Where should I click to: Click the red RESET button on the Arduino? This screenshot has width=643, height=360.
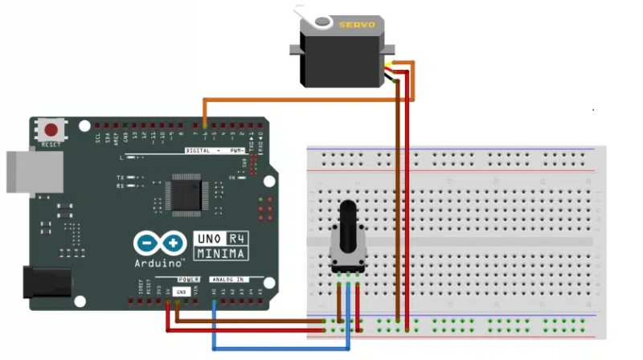53,129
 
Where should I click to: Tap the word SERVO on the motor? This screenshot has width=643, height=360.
356,26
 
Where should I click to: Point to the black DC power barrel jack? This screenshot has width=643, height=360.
48,283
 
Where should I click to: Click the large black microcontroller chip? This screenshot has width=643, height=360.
186,194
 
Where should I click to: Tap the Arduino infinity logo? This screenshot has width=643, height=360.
161,243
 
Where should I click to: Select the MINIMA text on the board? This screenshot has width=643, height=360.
220,253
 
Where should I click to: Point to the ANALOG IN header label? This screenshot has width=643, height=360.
227,280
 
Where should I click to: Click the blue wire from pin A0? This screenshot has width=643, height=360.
281,348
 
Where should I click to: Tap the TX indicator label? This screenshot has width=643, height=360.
121,177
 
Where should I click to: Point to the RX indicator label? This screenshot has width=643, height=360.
121,186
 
